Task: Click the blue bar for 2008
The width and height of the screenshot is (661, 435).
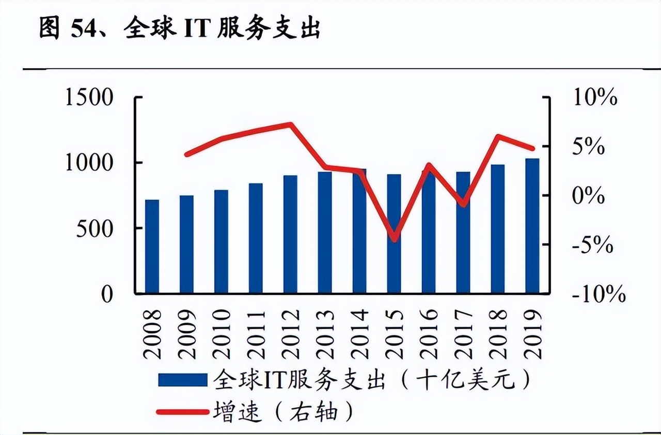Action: [152, 247]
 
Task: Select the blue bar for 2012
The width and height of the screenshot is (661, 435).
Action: [290, 235]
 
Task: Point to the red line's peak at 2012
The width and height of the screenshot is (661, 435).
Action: [291, 124]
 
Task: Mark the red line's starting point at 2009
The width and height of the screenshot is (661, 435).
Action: [186, 154]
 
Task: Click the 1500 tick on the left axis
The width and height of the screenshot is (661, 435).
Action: [89, 98]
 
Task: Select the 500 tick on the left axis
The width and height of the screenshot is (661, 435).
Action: [95, 229]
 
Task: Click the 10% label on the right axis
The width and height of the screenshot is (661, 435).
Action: [595, 98]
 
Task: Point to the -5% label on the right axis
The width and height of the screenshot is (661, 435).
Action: [592, 245]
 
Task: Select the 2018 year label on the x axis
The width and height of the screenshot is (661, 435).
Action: [498, 335]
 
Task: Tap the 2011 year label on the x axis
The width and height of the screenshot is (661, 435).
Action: [256, 335]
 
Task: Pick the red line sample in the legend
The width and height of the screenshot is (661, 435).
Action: [182, 412]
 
